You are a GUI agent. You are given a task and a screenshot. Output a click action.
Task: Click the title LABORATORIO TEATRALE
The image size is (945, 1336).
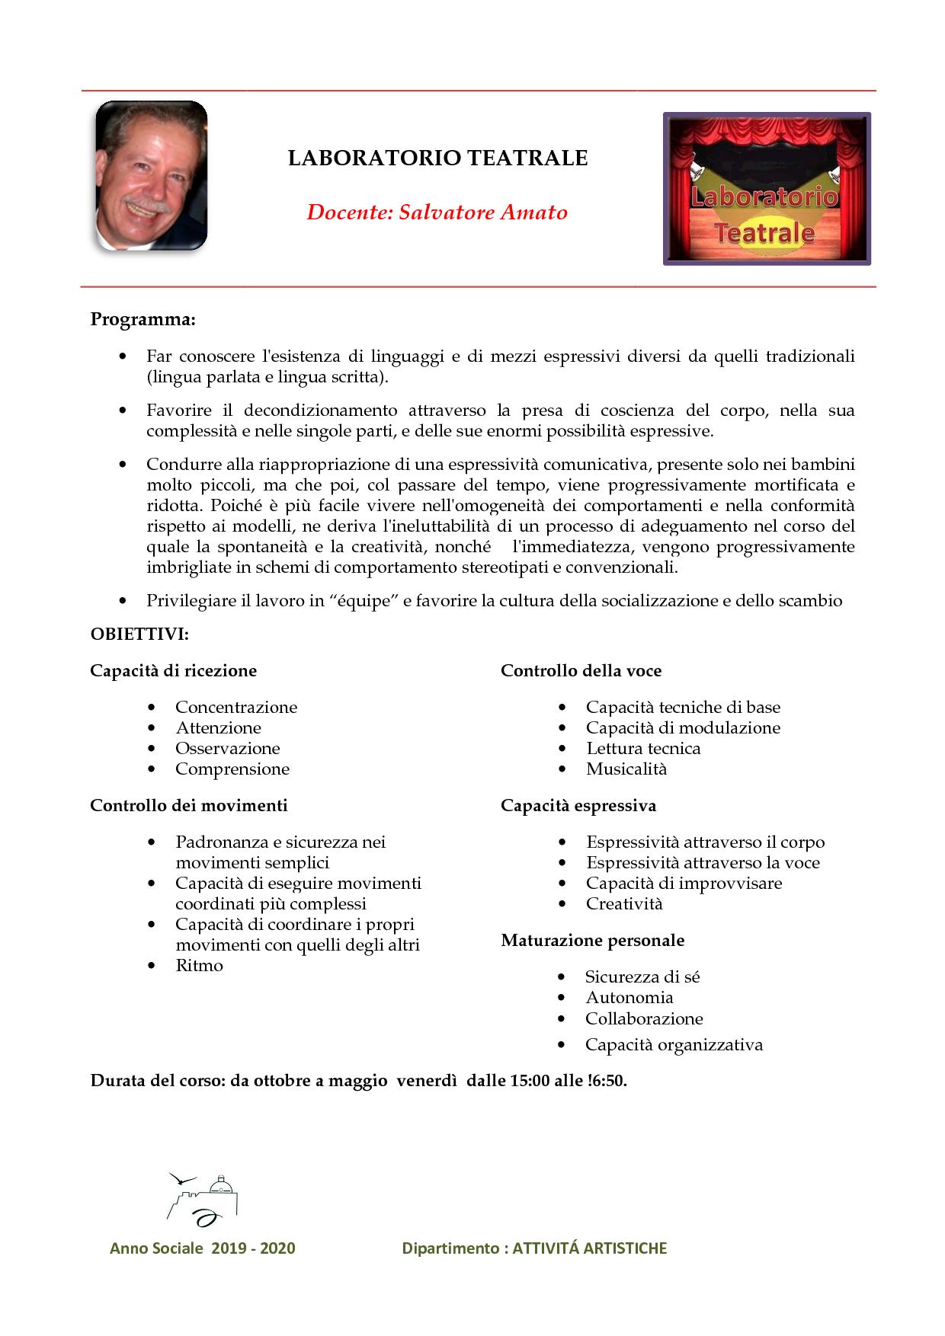437,158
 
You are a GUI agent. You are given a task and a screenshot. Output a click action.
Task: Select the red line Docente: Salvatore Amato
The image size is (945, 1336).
437,213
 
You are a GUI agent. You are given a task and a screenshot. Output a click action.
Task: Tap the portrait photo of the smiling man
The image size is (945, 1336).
151,176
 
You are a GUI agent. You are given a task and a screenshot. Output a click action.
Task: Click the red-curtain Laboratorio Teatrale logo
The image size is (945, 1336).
767,189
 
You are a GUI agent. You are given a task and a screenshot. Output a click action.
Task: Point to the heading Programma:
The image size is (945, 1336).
143,319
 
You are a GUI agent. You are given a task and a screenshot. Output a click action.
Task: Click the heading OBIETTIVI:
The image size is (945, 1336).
139,634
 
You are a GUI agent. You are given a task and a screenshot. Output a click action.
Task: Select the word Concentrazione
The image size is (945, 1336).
236,708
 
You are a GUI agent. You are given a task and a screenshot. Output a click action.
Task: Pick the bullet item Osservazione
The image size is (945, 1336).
228,749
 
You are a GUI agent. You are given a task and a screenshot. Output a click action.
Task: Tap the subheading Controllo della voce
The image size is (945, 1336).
581,671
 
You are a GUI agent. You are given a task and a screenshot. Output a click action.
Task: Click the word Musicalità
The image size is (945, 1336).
626,769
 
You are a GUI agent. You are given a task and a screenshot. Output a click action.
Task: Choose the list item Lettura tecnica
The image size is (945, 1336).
643,749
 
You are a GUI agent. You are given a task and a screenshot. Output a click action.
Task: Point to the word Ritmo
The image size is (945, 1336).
199,966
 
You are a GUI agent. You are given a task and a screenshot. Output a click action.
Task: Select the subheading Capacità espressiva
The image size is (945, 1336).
578,806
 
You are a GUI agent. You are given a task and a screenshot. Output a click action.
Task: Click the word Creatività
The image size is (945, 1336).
624,904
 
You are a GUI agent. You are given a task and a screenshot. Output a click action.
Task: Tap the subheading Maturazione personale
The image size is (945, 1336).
592,941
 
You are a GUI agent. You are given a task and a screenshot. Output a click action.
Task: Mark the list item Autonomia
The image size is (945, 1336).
629,998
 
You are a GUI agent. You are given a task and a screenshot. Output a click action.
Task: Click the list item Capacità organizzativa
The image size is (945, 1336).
674,1045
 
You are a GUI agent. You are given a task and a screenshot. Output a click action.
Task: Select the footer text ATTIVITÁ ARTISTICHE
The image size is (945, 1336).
589,1248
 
